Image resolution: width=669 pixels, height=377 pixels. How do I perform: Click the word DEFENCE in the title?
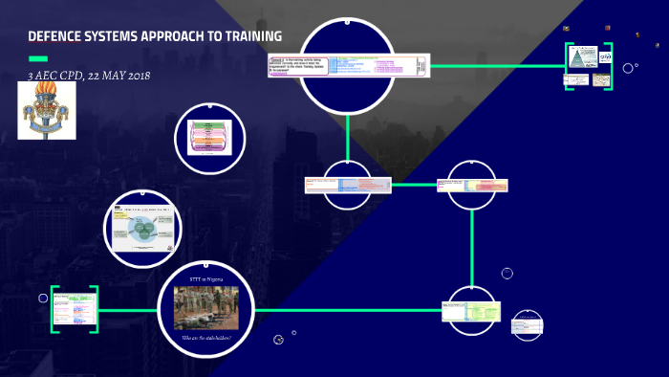[x=55, y=37]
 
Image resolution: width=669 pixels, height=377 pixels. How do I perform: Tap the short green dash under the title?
[x=37, y=58]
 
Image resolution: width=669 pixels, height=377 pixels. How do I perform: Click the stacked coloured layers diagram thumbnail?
[x=210, y=139]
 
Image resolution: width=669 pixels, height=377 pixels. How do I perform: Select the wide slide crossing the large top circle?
[x=349, y=67]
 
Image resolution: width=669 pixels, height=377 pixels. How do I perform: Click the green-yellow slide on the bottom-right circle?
[x=470, y=312]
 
